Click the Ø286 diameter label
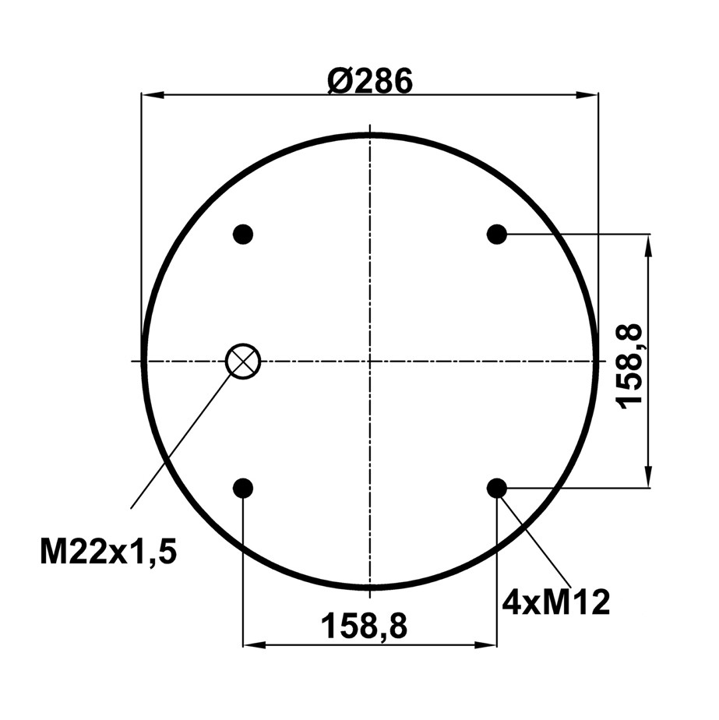coord(369,81)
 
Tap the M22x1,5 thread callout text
coord(108,552)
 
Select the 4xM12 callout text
coord(556,602)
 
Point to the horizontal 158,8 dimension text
coord(365,626)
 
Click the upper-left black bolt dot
coord(243,235)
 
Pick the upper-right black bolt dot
coord(496,235)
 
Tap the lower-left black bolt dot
coord(243,488)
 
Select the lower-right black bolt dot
coord(496,488)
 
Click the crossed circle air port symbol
coord(243,361)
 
